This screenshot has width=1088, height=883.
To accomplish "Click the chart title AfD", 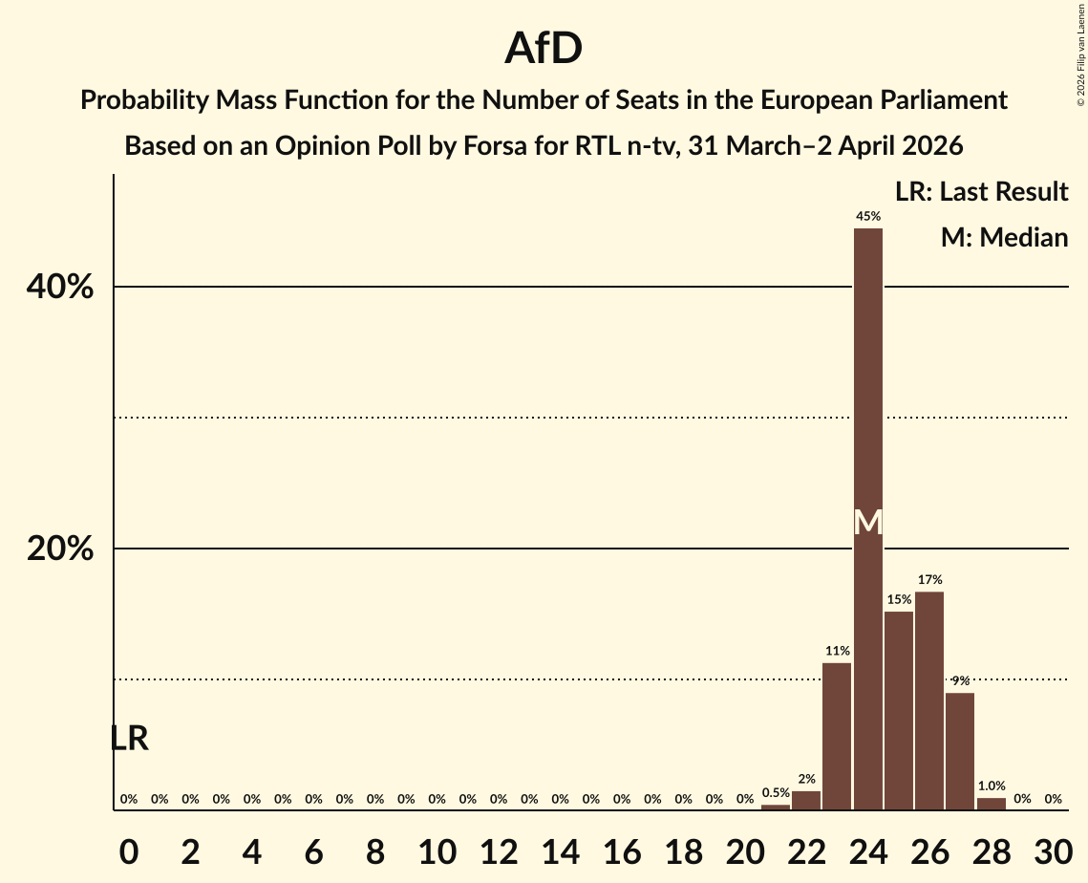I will pos(544,49).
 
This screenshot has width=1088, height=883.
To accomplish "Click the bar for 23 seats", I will pos(837,736).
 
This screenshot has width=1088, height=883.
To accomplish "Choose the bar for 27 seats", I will pos(960,751).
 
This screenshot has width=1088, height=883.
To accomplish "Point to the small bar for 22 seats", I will pos(806,801).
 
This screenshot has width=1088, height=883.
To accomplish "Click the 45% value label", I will pos(867,216).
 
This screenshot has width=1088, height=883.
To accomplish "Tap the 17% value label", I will pos(929,579).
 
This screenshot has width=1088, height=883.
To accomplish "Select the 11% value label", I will pos(837,651).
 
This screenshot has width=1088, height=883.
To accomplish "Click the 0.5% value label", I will pos(776,792).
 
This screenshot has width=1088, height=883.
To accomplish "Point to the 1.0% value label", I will pos(991,786).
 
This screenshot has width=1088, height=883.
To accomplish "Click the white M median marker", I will pos(867,523).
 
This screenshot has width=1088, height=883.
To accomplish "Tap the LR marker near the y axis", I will pos(129,739).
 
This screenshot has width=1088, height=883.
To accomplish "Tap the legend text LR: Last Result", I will pos(981,192).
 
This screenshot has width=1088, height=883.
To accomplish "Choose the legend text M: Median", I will pos(1004,237).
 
